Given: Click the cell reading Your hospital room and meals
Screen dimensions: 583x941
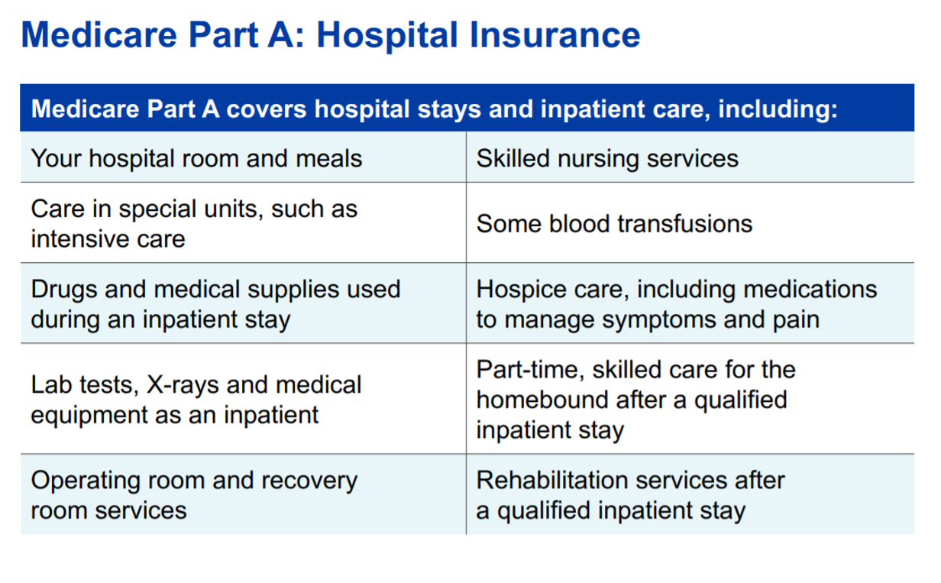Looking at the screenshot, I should click(x=196, y=158).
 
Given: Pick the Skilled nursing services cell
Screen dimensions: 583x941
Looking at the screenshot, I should click(x=607, y=158).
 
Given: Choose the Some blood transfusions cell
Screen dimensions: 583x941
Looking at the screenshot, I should click(x=614, y=223).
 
